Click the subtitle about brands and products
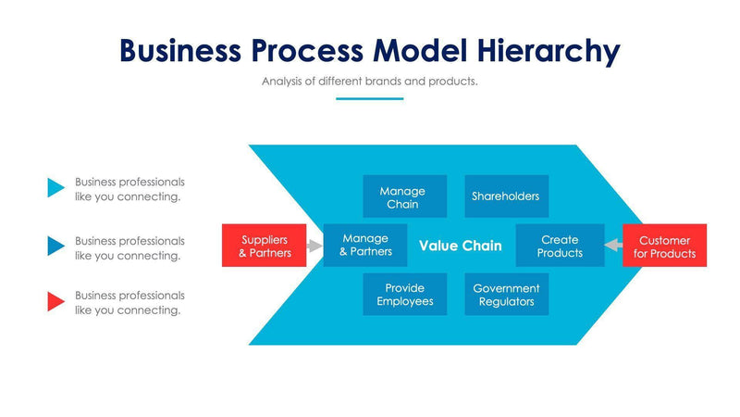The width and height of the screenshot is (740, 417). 369,82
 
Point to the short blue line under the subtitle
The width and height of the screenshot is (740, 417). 369,98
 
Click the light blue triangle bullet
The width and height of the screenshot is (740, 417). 55,189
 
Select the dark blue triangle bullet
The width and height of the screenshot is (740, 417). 55,246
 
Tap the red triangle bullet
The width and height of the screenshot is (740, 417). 55,301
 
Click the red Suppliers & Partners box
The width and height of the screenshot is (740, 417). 264,246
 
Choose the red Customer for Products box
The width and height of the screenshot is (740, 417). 664,246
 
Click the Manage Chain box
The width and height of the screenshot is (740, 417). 403,196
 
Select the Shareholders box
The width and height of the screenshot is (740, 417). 505,196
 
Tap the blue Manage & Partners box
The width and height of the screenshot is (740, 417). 365,246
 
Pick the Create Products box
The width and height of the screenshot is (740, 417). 560,246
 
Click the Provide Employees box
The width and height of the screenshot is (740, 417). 404,295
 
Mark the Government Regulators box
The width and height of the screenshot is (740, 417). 506,295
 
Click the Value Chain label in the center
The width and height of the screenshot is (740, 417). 460,246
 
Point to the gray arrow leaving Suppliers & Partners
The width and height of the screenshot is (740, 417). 314,246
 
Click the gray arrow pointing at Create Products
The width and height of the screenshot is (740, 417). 612,246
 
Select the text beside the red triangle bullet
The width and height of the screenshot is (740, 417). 129,302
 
